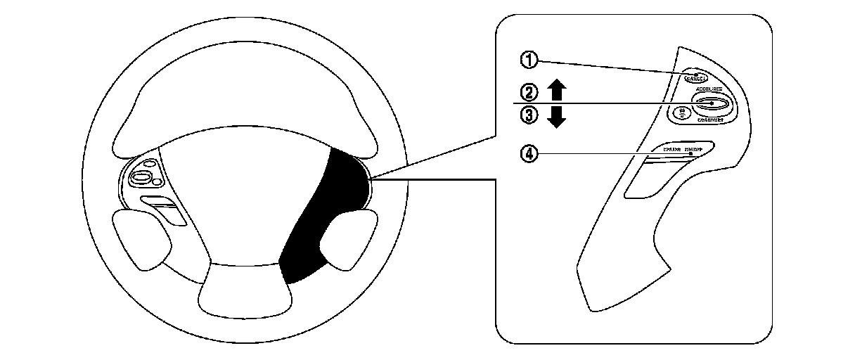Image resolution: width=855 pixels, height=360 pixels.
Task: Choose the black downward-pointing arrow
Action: coord(556,117)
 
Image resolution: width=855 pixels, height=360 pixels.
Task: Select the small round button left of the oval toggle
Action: coord(680,112)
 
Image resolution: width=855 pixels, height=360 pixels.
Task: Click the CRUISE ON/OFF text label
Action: coord(688,149)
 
